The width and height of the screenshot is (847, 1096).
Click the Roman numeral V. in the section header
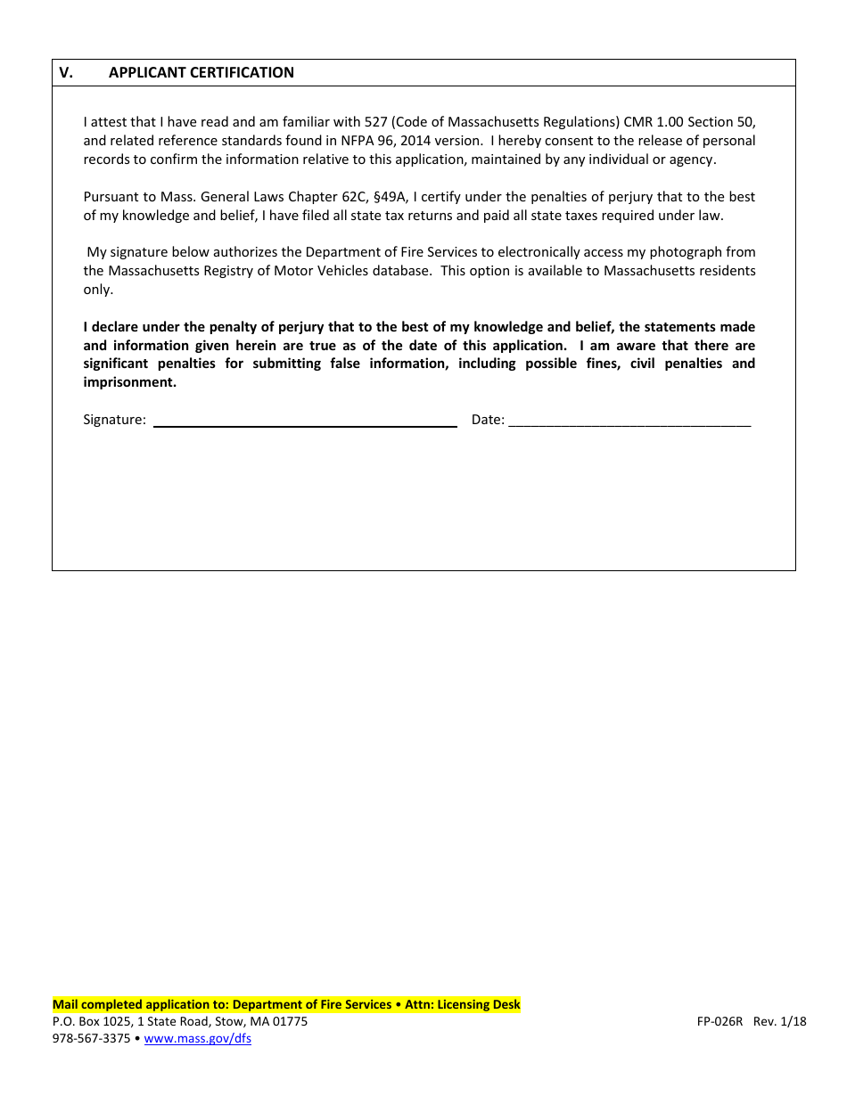click(x=66, y=73)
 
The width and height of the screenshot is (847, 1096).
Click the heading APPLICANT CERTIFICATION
click(x=201, y=73)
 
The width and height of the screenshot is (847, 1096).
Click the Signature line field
click(x=305, y=421)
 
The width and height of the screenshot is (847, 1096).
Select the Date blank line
click(x=629, y=421)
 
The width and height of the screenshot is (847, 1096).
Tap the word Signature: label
click(x=114, y=420)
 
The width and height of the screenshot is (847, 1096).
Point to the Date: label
click(x=488, y=420)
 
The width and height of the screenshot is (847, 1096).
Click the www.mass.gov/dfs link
click(x=197, y=1039)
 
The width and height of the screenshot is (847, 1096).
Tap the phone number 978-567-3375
click(x=91, y=1039)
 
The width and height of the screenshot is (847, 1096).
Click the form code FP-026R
click(x=720, y=1022)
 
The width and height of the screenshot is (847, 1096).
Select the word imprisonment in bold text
click(x=129, y=382)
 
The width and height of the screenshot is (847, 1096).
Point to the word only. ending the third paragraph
click(x=98, y=290)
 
